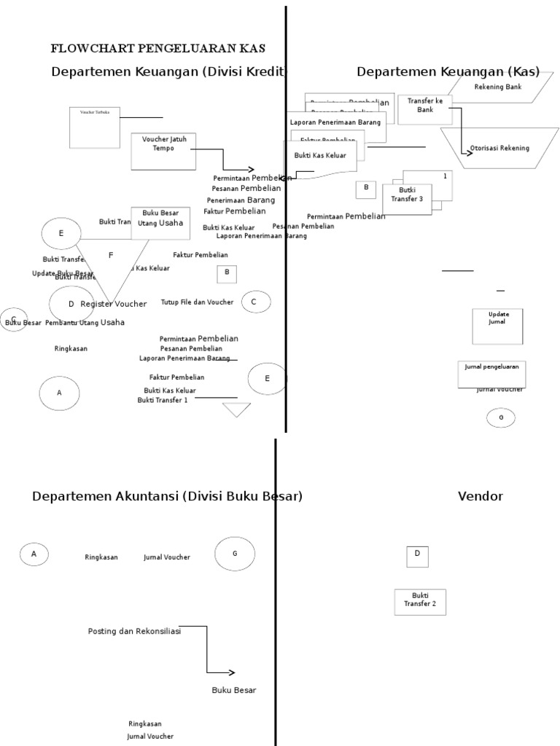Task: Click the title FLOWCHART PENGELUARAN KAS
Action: click(x=157, y=49)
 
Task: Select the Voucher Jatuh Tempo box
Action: click(x=163, y=151)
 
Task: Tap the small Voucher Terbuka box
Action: click(x=95, y=127)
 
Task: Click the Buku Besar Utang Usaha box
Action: click(x=160, y=222)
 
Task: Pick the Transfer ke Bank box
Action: click(x=425, y=109)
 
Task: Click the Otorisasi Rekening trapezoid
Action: click(x=499, y=149)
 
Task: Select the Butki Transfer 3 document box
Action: click(x=407, y=198)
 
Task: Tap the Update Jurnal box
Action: click(x=497, y=326)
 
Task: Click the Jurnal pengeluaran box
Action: click(x=491, y=373)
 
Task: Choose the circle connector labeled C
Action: click(x=256, y=302)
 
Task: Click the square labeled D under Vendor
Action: click(x=417, y=556)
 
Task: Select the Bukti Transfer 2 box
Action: click(x=420, y=602)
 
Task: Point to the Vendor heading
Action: click(x=480, y=497)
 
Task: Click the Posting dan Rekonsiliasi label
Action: click(x=134, y=632)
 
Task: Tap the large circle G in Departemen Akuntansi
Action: click(x=235, y=554)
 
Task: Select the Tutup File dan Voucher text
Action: click(x=197, y=302)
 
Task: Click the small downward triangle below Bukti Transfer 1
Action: click(x=236, y=409)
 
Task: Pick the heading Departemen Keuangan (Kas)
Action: click(x=448, y=71)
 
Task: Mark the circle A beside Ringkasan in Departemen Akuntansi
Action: click(x=34, y=554)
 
